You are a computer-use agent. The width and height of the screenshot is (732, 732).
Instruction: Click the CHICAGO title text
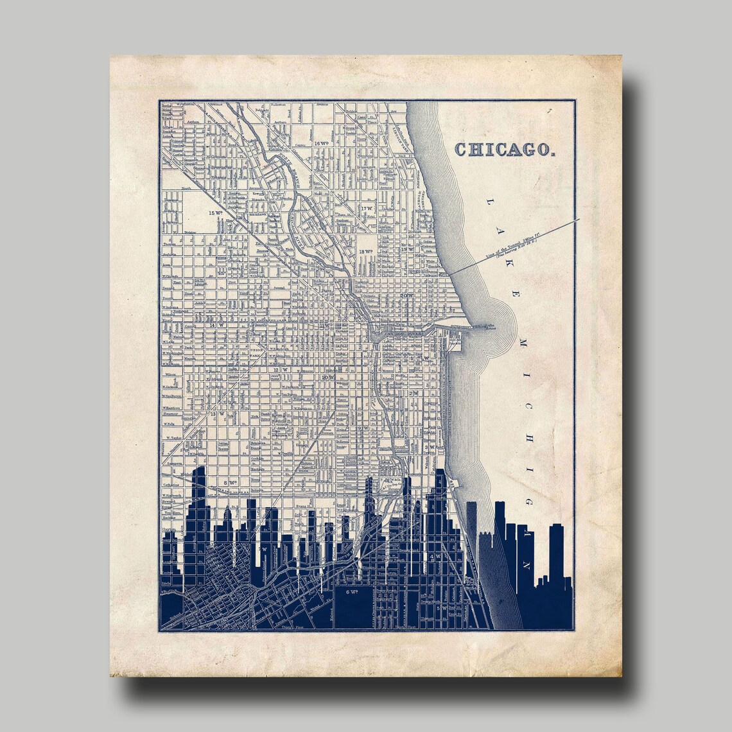(505, 149)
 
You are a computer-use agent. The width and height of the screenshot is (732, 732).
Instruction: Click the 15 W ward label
(214, 213)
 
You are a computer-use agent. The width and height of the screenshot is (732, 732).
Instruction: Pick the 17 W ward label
(367, 209)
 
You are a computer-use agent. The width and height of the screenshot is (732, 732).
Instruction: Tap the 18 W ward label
(365, 251)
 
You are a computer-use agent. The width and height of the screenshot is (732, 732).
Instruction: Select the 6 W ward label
(351, 591)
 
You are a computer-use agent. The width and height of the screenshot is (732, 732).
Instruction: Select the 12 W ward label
(278, 370)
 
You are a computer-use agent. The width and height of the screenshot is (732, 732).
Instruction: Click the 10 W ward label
(327, 378)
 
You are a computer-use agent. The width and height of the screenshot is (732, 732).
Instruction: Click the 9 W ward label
(363, 428)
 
